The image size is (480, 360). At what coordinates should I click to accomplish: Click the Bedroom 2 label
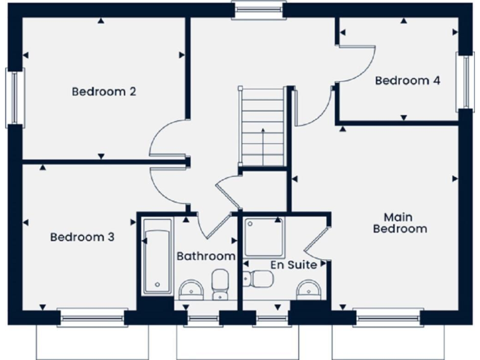click(x=104, y=92)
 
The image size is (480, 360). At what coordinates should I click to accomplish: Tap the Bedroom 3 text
click(x=82, y=237)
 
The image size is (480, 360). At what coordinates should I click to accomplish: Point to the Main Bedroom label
click(x=400, y=222)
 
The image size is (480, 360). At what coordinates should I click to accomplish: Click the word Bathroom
click(x=206, y=256)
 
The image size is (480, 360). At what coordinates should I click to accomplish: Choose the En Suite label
click(x=292, y=265)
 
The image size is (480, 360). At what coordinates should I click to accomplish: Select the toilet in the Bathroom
click(x=220, y=284)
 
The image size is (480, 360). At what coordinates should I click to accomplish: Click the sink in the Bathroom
click(x=191, y=289)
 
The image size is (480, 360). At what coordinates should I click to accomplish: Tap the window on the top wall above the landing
click(x=258, y=9)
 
